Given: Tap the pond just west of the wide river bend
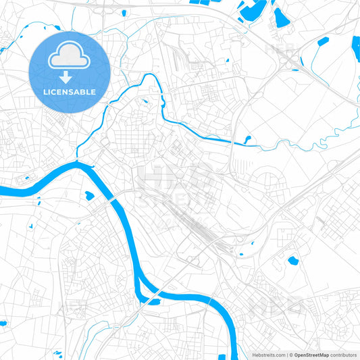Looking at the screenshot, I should (88, 196).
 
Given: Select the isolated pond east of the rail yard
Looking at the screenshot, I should (292, 260).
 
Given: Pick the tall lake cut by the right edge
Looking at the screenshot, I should (356, 48).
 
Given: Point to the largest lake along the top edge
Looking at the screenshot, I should (255, 9).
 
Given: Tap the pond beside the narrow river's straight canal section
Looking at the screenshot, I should (248, 139).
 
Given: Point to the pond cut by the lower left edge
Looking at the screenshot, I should (3, 323).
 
